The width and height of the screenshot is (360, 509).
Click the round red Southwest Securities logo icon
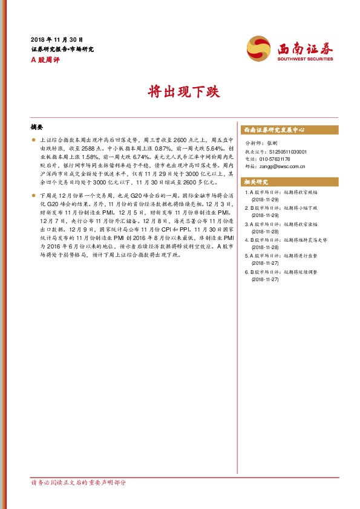point(258,48)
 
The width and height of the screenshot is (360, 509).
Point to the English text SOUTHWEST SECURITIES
point(305,59)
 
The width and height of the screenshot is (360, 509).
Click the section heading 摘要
point(37,128)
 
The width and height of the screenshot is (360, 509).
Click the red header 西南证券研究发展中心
point(274,130)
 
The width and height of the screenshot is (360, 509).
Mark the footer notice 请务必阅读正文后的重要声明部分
point(78,482)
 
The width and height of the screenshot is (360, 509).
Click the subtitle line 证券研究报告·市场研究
point(62,49)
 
